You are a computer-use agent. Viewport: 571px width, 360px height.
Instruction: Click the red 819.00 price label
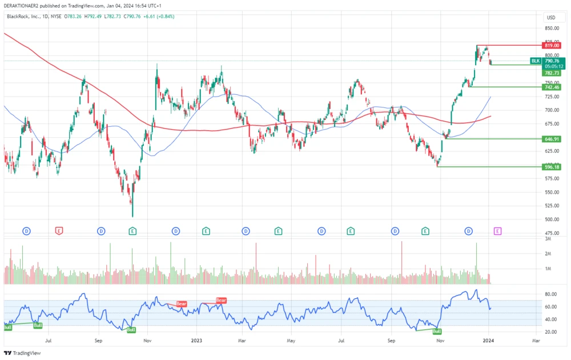(552, 45)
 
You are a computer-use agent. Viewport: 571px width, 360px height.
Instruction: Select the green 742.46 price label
(552, 87)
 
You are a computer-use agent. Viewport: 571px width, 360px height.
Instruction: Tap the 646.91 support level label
(552, 139)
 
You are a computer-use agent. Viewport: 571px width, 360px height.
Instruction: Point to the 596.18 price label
(552, 167)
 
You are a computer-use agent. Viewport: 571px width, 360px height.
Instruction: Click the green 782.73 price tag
(552, 73)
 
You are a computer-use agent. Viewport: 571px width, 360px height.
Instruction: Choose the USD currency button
(551, 18)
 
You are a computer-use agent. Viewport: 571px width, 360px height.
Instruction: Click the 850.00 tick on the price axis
(552, 28)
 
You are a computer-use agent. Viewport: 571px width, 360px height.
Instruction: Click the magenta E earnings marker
(497, 231)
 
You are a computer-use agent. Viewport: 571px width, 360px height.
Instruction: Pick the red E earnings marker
(58, 231)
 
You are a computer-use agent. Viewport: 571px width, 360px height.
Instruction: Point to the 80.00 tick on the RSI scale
(551, 294)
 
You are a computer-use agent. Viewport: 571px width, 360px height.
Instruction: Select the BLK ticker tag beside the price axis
(535, 61)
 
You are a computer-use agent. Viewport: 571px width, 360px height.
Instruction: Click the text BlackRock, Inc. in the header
(23, 17)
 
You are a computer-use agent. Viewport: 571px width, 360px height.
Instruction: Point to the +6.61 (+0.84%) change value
(158, 17)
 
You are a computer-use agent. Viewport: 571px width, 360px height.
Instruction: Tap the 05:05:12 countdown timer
(554, 66)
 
